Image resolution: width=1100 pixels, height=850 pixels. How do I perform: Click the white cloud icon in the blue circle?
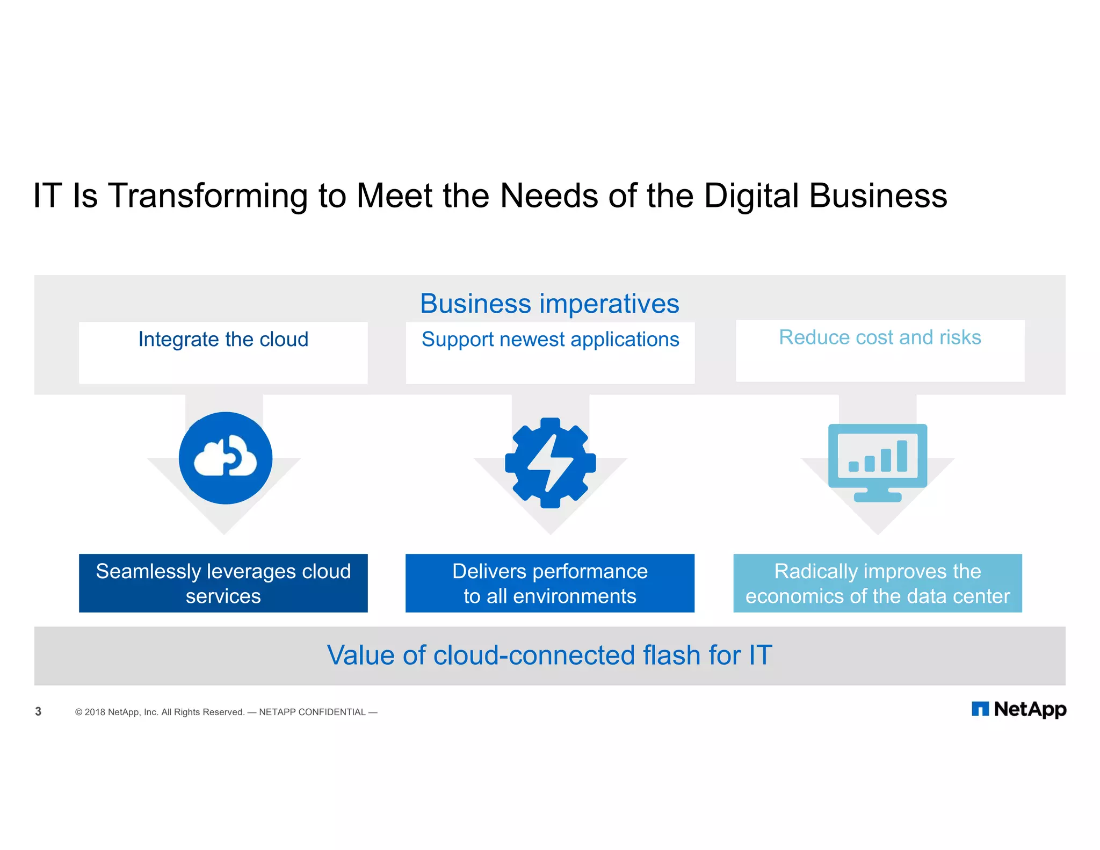[226, 458]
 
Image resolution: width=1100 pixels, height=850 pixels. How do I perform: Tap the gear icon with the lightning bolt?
[550, 463]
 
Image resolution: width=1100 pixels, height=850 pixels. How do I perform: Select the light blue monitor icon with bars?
[878, 462]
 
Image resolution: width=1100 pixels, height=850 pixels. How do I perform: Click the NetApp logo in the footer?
[1019, 709]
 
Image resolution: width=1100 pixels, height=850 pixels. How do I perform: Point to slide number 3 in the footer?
[38, 711]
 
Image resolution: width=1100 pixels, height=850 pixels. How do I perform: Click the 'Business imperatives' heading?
[549, 304]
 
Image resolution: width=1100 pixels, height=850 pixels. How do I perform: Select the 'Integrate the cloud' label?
[223, 340]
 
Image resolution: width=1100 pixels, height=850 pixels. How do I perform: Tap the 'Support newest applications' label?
[550, 340]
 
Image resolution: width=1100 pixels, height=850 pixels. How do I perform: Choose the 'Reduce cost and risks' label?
[880, 337]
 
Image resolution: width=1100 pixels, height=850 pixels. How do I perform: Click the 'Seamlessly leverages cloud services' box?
[223, 583]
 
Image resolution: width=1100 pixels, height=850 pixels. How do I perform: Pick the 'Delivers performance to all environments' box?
[550, 583]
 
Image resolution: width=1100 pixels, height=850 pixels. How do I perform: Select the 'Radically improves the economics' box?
[878, 583]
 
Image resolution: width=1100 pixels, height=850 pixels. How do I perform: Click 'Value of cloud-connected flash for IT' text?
[549, 655]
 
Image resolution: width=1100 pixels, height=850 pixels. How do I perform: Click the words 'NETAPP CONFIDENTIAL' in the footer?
[312, 712]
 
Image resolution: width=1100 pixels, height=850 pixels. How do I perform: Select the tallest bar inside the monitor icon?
[902, 456]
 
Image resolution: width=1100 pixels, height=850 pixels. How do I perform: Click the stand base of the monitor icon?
[878, 498]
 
